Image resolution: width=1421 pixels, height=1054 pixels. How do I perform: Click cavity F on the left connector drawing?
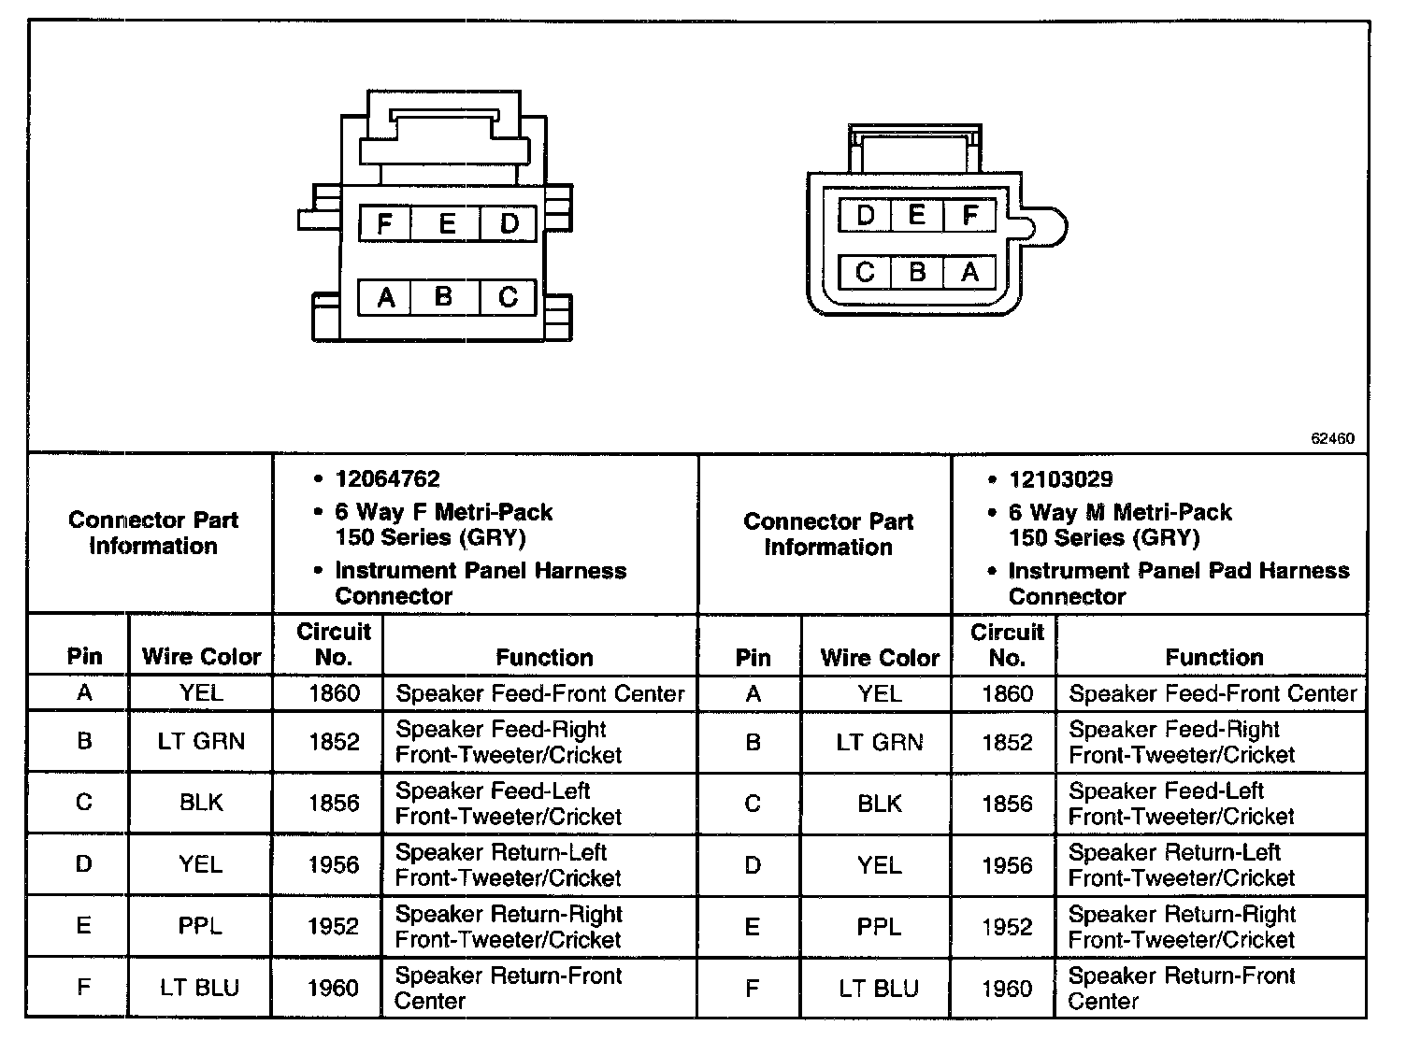point(384,224)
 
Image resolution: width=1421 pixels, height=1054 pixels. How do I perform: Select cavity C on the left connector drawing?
point(508,298)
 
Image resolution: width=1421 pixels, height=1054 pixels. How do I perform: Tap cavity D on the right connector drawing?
point(866,216)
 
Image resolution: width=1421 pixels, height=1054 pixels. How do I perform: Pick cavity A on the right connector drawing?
point(970,272)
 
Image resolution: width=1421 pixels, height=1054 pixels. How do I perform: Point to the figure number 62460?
point(1332,438)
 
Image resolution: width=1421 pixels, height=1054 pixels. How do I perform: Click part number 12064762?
point(387,479)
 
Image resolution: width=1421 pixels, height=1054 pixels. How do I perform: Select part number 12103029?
point(1060,479)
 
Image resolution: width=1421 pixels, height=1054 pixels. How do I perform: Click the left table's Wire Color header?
point(201,657)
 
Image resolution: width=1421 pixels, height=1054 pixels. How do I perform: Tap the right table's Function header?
point(1213,657)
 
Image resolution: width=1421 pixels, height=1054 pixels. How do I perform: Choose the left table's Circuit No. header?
point(334,644)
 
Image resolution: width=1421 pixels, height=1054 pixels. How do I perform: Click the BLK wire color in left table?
point(201,803)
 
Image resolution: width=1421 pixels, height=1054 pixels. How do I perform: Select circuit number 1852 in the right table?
point(1007,742)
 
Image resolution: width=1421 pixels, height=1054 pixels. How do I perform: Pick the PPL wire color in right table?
point(879,927)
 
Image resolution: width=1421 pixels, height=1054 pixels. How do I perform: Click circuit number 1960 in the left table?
point(334,988)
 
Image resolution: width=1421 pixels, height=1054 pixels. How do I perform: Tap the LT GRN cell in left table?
point(201,741)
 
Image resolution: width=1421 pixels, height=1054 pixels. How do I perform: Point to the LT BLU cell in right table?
point(879,988)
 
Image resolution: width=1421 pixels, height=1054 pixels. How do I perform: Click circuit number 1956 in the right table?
point(1007,865)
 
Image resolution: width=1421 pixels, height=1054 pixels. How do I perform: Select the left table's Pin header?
point(84,656)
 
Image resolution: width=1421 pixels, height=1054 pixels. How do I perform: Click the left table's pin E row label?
point(84,926)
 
